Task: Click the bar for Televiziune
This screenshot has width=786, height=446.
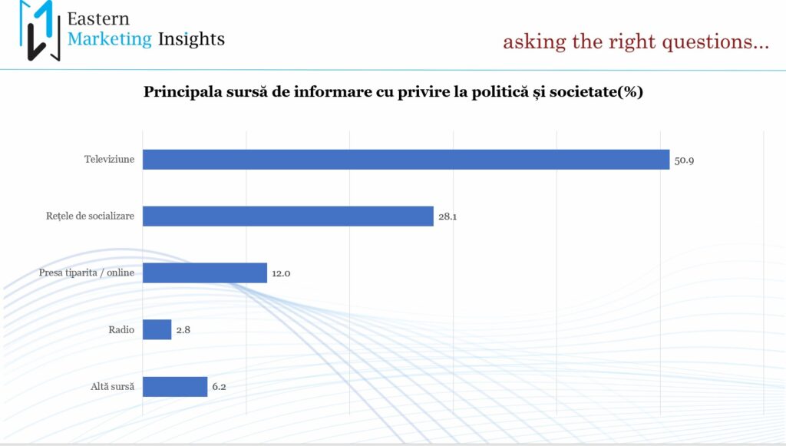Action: tap(406, 160)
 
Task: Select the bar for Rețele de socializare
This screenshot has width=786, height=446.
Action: tap(288, 216)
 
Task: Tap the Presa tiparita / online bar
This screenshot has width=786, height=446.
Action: tap(205, 273)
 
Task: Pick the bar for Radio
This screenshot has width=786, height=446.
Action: tap(157, 329)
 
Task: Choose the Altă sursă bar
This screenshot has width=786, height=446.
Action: tap(175, 386)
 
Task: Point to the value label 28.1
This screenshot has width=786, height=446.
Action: tap(447, 217)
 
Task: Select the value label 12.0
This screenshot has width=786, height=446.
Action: tap(281, 273)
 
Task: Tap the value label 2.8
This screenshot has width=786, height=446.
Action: tap(183, 330)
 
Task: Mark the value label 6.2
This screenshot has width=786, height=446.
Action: tap(219, 387)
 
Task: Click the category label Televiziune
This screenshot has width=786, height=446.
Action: tap(109, 160)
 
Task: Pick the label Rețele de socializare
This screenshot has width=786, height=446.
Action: tap(90, 216)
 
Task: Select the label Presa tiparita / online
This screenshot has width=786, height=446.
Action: tap(87, 273)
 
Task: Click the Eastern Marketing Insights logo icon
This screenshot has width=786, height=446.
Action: tap(39, 31)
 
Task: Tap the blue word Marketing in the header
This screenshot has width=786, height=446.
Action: tap(109, 38)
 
